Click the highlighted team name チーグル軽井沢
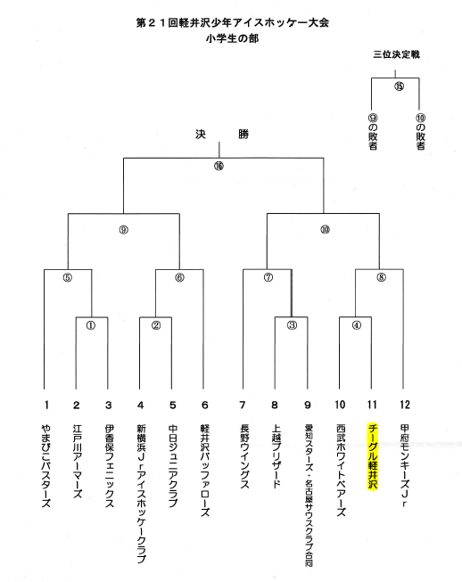pyautogui.click(x=372, y=456)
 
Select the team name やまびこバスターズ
pyautogui.click(x=46, y=466)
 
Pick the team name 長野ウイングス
pyautogui.click(x=244, y=456)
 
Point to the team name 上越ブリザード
pyautogui.click(x=276, y=456)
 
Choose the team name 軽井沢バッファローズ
pyautogui.click(x=204, y=471)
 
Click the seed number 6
pyautogui.click(x=204, y=405)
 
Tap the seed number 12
pyautogui.click(x=405, y=405)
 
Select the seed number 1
pyautogui.click(x=46, y=405)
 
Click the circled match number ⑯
pyautogui.click(x=219, y=166)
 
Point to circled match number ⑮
pyautogui.click(x=399, y=86)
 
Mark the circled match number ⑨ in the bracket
pyautogui.click(x=124, y=230)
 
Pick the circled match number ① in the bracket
pyautogui.click(x=91, y=325)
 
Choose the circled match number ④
pyautogui.click(x=357, y=325)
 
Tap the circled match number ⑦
pyautogui.click(x=268, y=277)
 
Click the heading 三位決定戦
pyautogui.click(x=396, y=54)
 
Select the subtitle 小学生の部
pyautogui.click(x=233, y=38)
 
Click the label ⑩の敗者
pyautogui.click(x=420, y=132)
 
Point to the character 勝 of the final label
pyautogui.click(x=243, y=134)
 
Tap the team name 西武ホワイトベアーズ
pyautogui.click(x=341, y=471)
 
